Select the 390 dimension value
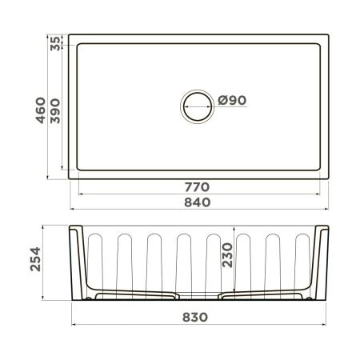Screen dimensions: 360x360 (x=55, y=114)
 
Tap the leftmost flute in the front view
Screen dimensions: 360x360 (x=95, y=260)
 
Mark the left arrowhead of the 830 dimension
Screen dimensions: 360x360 (x=74, y=326)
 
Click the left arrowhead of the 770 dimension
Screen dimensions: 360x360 (x=80, y=194)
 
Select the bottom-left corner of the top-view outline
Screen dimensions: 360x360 (x=69, y=178)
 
